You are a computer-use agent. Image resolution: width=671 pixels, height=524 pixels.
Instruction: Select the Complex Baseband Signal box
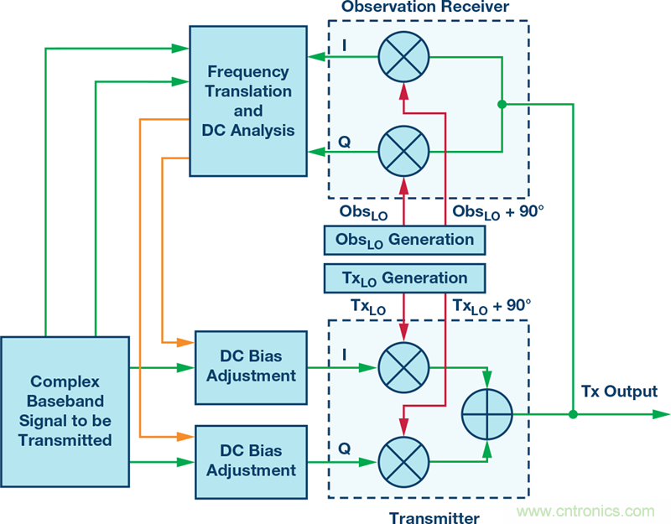(x=65, y=411)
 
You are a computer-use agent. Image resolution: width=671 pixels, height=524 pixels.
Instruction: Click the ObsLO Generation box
(x=404, y=241)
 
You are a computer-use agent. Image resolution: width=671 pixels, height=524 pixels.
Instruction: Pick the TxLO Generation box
(x=404, y=278)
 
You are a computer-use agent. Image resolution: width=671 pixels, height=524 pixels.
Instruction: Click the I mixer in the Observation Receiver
(x=403, y=58)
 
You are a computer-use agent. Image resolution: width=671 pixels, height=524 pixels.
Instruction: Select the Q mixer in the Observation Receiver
(x=403, y=151)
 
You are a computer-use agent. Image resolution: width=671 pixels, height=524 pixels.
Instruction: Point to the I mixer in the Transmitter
(x=403, y=367)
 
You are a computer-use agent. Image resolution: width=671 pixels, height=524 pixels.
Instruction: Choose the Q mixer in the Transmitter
(x=403, y=460)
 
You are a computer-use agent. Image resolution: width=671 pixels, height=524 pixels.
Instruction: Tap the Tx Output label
(x=619, y=392)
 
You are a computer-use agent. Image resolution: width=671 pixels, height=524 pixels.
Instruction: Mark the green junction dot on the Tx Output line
(x=573, y=414)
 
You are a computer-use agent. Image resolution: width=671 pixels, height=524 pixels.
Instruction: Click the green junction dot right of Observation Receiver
(x=502, y=104)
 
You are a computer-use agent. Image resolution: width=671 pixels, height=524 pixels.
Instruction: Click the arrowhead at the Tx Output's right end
(x=663, y=414)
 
